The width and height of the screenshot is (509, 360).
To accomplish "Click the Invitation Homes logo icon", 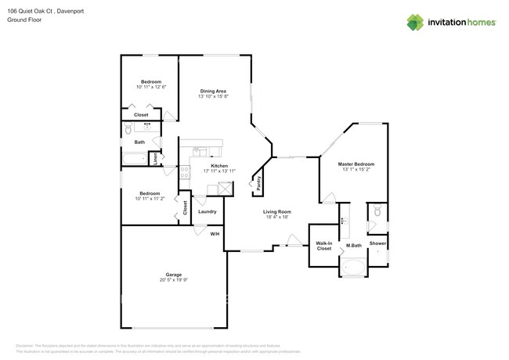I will point(415,22).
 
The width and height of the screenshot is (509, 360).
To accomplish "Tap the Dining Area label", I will point(212,91).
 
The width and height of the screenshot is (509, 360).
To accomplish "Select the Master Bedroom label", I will point(356,164).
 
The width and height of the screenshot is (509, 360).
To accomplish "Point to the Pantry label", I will point(259,183).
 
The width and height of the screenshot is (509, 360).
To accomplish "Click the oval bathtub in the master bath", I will point(353,269).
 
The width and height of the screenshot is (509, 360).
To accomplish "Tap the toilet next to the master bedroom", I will point(377,211).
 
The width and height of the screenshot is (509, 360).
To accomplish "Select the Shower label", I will point(377,244).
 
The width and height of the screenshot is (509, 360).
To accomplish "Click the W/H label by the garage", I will point(215,234).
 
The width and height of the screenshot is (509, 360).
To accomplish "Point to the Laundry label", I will point(207,211).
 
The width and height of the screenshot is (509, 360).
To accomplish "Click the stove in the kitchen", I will point(185,175).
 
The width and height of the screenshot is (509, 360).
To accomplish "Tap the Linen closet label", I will point(155,157).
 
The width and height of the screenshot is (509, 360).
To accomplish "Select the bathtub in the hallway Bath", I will point(134,160).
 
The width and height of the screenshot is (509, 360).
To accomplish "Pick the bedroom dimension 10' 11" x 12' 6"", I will point(150,88).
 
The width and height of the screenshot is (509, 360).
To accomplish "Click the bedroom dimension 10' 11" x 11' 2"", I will point(150,199).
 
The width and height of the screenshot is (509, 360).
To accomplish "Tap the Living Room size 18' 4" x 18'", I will point(276,218).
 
